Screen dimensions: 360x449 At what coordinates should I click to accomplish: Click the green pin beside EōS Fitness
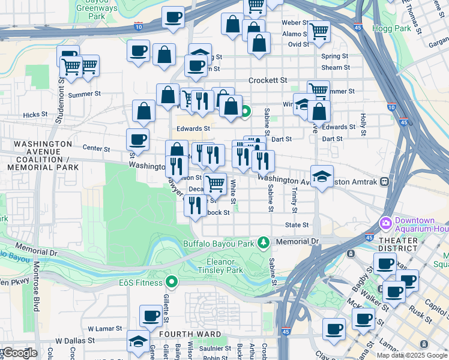click(x=172, y=281)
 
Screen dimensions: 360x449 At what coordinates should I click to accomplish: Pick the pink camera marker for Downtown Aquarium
click(x=385, y=223)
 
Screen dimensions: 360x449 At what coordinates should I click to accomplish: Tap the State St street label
click(x=297, y=225)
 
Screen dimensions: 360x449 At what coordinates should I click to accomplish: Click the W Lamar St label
click(x=105, y=329)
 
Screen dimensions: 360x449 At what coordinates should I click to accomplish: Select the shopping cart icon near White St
click(x=215, y=182)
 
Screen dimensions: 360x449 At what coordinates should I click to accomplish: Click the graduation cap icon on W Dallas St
click(x=139, y=341)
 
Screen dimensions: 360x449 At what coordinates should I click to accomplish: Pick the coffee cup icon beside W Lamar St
click(x=151, y=314)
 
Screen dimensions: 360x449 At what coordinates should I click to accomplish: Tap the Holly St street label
click(x=363, y=123)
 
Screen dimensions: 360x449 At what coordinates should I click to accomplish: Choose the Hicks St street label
click(x=35, y=114)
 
